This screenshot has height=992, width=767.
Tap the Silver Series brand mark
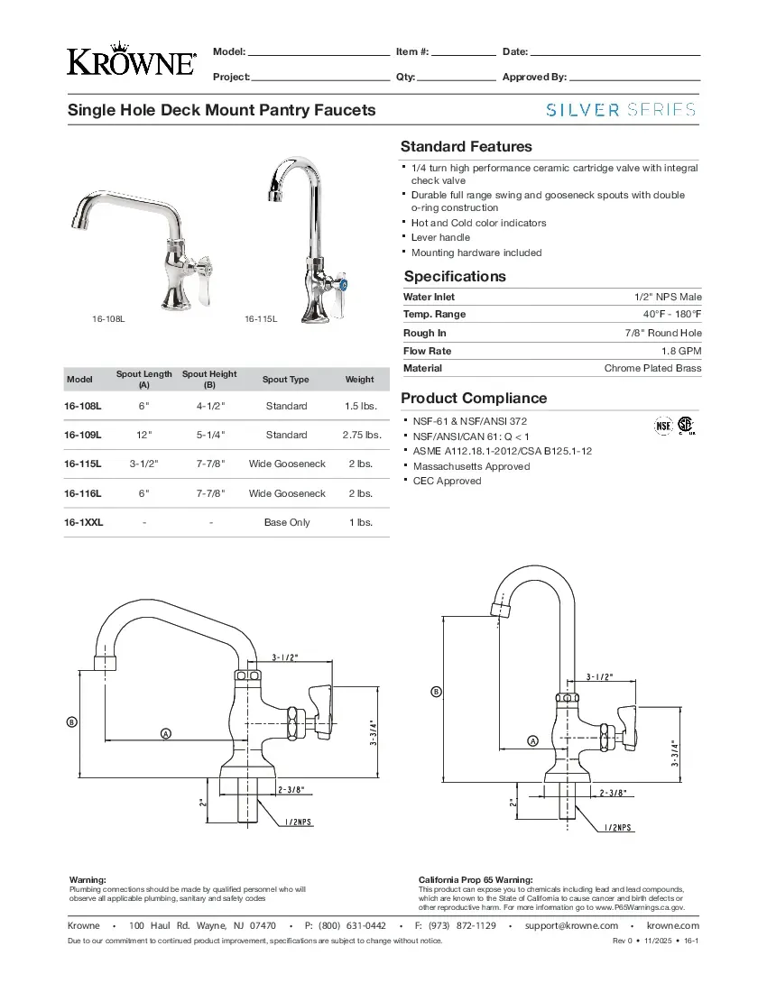pos(621,110)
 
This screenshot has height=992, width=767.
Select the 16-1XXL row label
pos(83,522)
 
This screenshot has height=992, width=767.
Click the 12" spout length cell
pos(143,435)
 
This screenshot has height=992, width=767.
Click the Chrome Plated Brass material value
pos(652,368)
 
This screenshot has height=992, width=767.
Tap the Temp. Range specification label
pos(435,314)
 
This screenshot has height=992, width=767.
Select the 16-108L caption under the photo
pos(108,319)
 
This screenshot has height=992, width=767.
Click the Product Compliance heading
pos(474,398)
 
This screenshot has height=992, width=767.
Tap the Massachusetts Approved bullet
pos(471,466)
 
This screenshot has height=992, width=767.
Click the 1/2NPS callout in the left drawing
pos(298,822)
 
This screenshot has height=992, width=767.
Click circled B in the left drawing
pos(71,722)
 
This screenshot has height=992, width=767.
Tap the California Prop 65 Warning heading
pos(476,879)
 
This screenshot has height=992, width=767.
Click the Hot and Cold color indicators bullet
pos(478,223)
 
